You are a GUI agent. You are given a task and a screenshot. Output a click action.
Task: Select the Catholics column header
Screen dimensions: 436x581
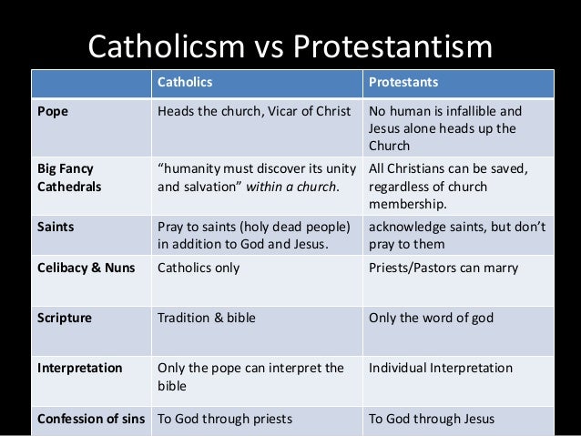click(x=185, y=83)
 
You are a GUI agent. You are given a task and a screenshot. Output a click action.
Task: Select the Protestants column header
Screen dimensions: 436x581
click(x=403, y=83)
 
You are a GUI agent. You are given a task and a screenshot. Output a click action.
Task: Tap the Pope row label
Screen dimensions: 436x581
click(x=51, y=113)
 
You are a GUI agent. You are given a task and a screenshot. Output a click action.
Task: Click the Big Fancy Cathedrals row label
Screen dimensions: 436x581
click(x=67, y=177)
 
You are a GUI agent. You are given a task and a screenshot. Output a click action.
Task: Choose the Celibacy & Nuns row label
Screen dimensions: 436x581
click(x=87, y=269)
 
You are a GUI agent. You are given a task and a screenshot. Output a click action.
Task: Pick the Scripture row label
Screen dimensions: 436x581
click(x=64, y=319)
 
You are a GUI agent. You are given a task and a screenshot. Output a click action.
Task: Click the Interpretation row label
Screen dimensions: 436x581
click(x=79, y=369)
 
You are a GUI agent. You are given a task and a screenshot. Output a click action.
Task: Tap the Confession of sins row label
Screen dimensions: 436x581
click(x=92, y=420)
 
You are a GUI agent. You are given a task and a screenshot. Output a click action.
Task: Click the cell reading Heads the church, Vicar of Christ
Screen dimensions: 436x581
click(x=254, y=113)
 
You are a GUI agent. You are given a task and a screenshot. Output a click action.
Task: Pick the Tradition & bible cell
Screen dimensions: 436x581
click(x=207, y=319)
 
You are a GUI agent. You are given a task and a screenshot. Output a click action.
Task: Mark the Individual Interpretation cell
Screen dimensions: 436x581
click(x=441, y=369)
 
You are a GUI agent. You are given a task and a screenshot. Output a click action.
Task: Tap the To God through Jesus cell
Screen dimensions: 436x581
click(x=432, y=420)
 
